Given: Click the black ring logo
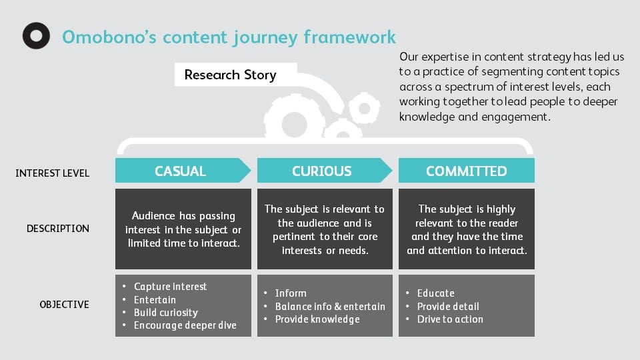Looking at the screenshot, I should (36, 36).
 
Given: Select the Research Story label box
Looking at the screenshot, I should (230, 75).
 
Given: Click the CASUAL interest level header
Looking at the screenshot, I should (181, 171).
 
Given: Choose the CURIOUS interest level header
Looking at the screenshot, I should (321, 171).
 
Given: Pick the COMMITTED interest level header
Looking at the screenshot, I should (466, 171).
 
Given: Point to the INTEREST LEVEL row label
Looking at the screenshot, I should (52, 173).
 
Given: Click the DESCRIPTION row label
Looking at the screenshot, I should (57, 229).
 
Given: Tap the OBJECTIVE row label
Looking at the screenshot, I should (64, 305).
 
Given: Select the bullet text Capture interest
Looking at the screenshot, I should (170, 287).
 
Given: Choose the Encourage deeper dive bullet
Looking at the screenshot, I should (185, 325).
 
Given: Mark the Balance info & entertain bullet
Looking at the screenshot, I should (330, 307).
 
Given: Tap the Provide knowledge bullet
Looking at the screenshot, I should (317, 319).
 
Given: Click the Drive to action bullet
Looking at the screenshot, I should (450, 319).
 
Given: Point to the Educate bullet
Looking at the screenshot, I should (435, 293).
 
